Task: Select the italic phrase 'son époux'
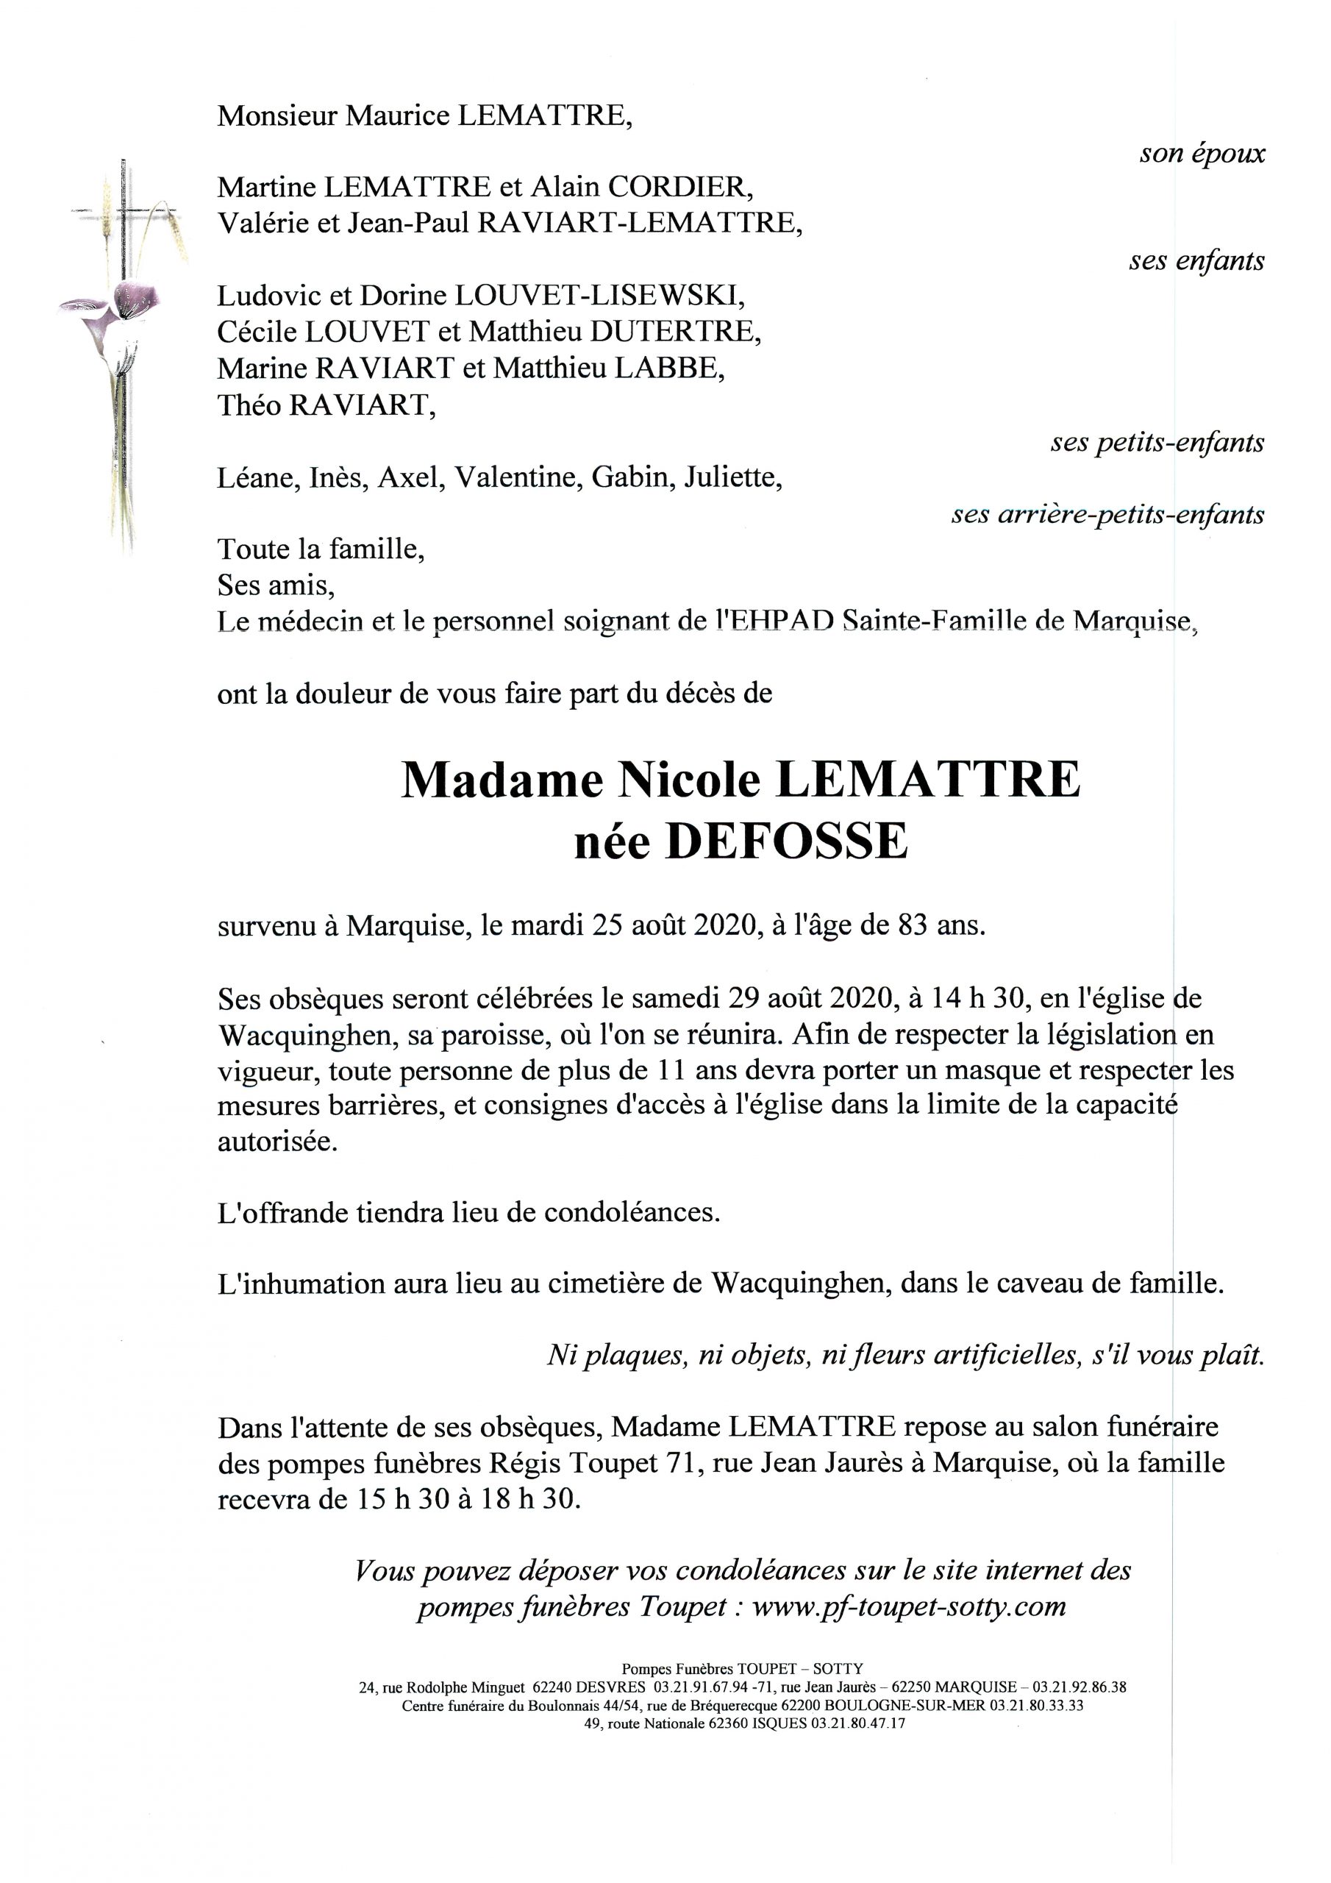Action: (x=1202, y=154)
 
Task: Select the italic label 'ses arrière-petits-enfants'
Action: (x=1107, y=514)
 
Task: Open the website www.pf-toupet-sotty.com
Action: (x=908, y=1606)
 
